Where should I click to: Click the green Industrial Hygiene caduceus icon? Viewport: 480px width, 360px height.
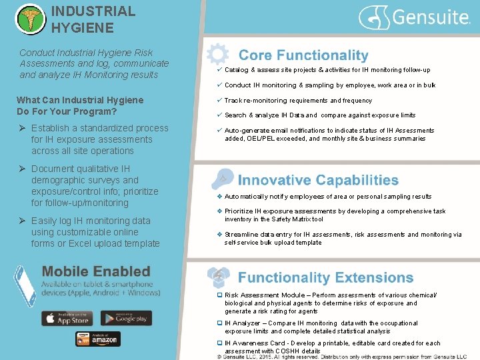coord(29,19)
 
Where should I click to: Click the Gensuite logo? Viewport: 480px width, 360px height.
coord(415,17)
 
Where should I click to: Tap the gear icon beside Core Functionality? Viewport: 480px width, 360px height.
coord(217,54)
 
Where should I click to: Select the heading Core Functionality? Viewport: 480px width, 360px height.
coord(303,55)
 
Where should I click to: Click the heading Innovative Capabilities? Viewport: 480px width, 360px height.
coord(318,180)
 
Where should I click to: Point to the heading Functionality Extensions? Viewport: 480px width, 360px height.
coord(325,277)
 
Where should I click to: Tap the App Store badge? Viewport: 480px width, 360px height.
coord(67,318)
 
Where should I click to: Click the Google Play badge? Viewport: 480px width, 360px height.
coord(126,318)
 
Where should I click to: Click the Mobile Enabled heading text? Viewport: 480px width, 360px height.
coord(96,271)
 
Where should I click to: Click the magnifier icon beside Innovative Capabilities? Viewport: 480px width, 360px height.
coord(221,179)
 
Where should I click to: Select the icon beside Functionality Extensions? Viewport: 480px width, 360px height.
coord(218,277)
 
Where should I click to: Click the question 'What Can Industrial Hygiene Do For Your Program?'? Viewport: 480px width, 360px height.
coord(79,105)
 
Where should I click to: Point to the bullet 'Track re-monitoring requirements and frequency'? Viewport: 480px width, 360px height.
coord(298,101)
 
